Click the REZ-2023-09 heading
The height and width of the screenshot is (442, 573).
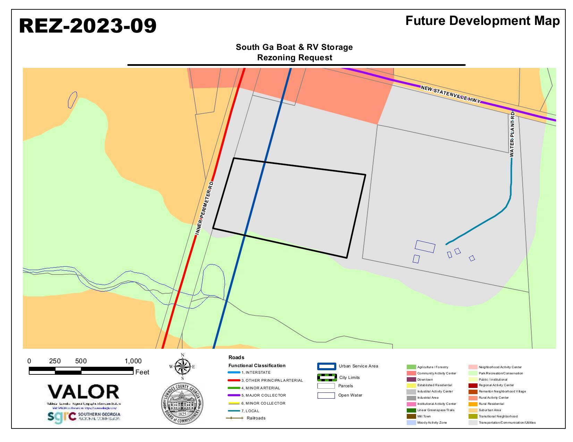87,26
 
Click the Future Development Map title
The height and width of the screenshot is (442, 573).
482,21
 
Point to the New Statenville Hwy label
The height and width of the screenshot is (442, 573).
450,94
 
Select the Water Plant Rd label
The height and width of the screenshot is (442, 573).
512,134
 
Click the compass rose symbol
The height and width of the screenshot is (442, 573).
183,367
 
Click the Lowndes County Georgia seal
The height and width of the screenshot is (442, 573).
182,403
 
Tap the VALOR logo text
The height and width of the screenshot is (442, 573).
83,392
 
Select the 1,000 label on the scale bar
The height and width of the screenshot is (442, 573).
133,361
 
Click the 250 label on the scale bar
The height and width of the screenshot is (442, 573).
55,361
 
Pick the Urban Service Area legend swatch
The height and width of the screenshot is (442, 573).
326,366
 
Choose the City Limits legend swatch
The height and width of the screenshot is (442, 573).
327,378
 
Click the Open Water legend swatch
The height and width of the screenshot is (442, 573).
326,396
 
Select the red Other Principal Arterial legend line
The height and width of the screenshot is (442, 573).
234,380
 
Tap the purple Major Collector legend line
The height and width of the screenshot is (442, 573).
234,395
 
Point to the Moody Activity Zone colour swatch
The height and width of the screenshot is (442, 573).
411,423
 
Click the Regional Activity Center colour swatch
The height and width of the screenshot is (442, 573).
473,385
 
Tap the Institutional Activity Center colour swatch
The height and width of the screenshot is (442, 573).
411,404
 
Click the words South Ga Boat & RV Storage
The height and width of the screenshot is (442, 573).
294,47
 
